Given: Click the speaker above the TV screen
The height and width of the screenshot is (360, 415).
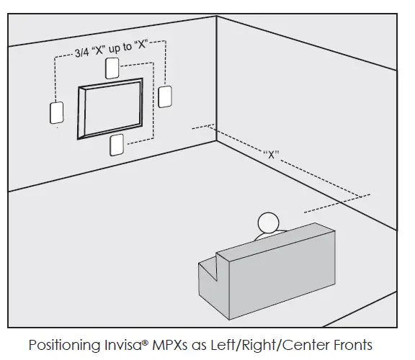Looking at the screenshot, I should (112, 68).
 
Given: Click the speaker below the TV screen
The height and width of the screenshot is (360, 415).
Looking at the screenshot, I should (115, 145).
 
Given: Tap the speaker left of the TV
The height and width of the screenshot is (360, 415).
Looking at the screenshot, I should (56, 113).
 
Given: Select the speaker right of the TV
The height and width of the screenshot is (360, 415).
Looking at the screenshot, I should (165, 96).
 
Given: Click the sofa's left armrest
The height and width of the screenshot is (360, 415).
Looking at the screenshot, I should (209, 272).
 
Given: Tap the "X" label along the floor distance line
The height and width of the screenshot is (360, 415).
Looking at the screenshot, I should (271, 154).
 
